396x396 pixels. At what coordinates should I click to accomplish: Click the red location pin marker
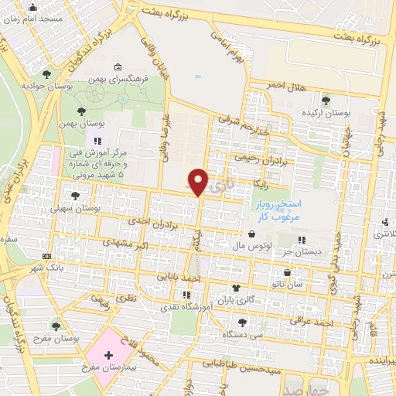pos(200,181)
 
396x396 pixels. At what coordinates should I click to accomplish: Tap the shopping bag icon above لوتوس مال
pos(253,234)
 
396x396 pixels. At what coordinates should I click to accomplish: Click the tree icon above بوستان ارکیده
pos(325,99)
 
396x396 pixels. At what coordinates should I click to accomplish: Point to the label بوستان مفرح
pos(53,338)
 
